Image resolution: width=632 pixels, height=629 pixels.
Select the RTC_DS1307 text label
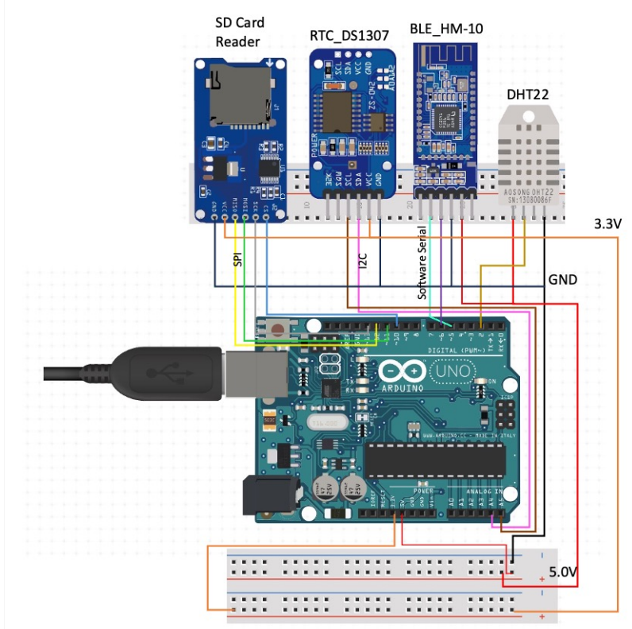click(350, 35)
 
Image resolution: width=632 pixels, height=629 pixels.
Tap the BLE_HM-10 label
click(446, 29)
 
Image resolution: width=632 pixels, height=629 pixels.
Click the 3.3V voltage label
click(608, 224)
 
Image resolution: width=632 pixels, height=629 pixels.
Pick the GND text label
click(563, 280)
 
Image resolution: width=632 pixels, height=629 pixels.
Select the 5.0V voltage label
click(565, 573)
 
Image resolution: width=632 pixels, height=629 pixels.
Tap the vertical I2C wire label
click(362, 267)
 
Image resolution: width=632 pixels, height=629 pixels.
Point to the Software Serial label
click(423, 262)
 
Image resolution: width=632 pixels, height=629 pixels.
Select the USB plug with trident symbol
click(159, 372)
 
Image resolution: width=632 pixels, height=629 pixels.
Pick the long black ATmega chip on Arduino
click(435, 458)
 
